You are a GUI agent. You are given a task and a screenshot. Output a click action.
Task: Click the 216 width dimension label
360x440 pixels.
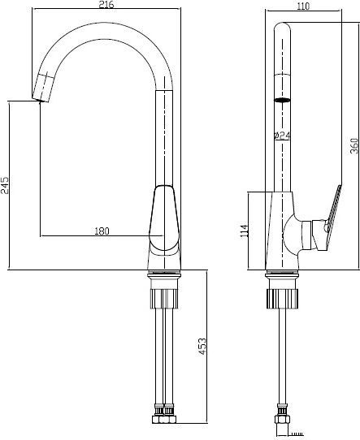[107, 4]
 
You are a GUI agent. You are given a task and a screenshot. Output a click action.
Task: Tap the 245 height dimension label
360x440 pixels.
[5, 185]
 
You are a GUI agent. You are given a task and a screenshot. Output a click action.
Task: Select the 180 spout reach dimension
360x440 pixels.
[102, 231]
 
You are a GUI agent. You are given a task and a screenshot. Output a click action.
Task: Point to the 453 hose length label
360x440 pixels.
[202, 347]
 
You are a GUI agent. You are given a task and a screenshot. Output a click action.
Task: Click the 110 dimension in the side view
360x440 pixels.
[303, 6]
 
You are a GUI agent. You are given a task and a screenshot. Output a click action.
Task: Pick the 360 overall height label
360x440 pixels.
[354, 145]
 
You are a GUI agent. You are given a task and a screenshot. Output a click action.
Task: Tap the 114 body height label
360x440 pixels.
[244, 231]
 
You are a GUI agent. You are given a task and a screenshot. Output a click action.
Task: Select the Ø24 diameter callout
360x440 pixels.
[282, 136]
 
